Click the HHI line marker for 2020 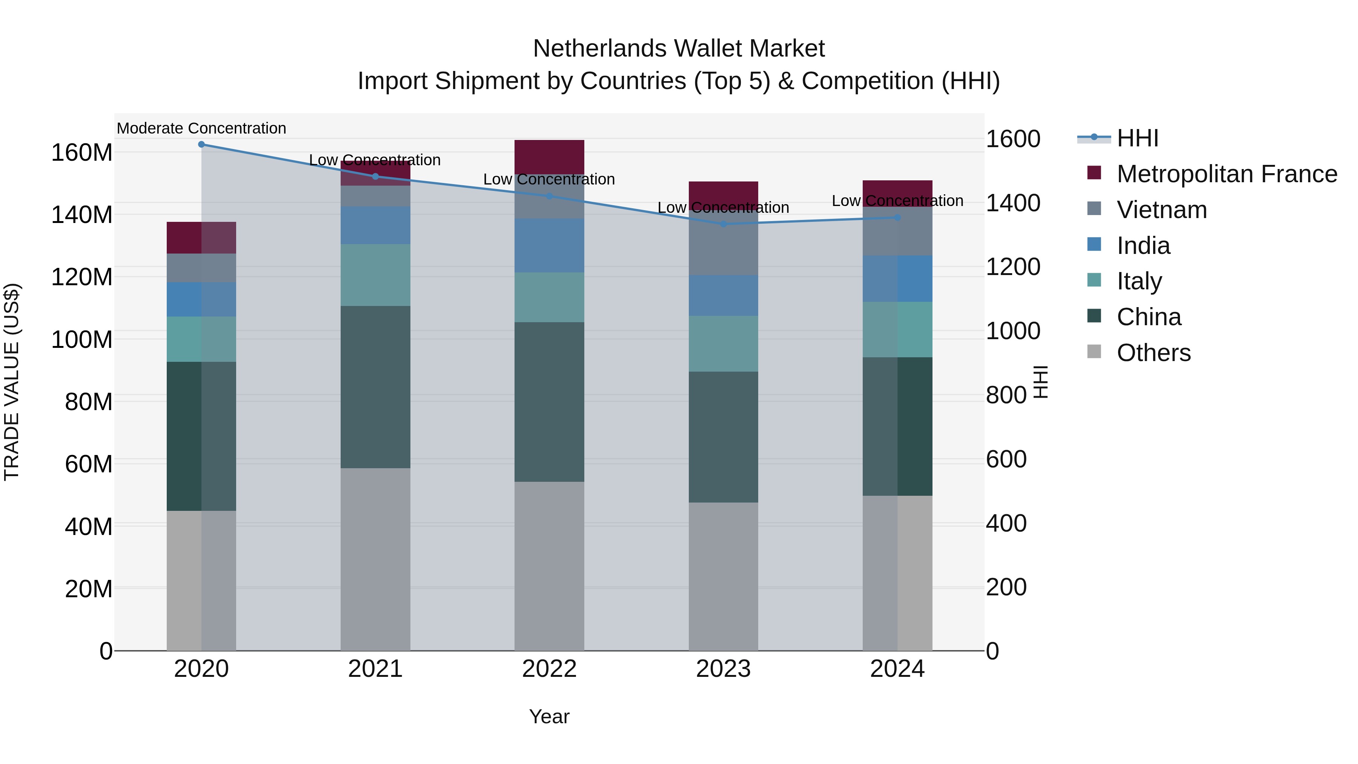coord(201,144)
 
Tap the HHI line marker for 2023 coord(723,224)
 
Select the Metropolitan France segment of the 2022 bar coord(549,157)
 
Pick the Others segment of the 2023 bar coord(723,576)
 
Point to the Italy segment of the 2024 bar coord(897,329)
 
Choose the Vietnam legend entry coord(1161,210)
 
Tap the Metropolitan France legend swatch coord(1094,173)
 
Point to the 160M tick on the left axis coord(82,153)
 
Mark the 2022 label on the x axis coord(549,669)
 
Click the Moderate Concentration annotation coord(201,128)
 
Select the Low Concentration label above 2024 coord(897,201)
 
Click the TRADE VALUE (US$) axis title coord(12,382)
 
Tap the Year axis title coord(549,716)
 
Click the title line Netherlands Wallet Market coord(679,49)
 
